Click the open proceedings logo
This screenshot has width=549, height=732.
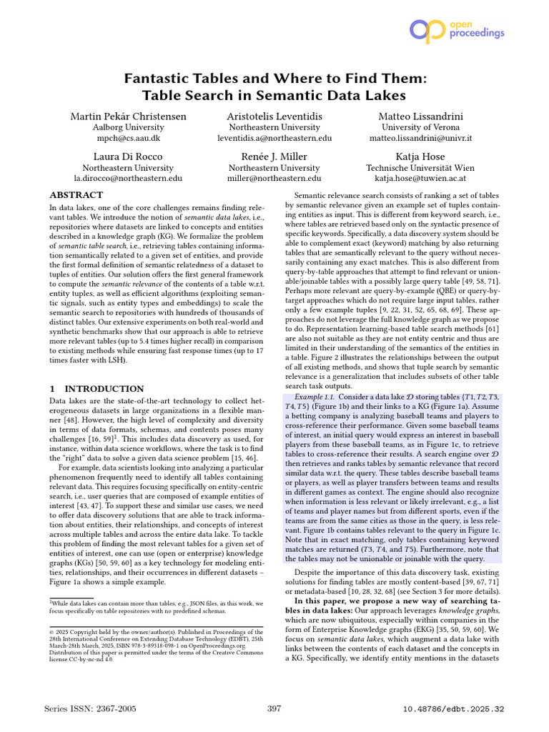456,29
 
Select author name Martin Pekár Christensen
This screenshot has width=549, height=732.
129,116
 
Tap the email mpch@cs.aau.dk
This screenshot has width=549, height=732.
129,138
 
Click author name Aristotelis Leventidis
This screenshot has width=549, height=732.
274,116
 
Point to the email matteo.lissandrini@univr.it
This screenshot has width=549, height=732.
421,138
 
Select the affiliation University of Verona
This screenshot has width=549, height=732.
421,127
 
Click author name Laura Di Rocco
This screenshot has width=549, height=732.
129,157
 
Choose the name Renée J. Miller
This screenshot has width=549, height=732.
274,157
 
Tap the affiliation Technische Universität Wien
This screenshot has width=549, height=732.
421,167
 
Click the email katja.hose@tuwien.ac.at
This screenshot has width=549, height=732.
421,178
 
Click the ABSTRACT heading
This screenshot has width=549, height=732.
76,195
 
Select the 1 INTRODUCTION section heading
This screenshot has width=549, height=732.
97,389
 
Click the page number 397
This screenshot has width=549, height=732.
274,708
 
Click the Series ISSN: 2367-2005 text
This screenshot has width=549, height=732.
89,708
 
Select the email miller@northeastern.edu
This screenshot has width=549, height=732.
274,178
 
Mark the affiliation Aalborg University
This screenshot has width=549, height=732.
129,127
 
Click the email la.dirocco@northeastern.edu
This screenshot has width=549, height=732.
129,178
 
